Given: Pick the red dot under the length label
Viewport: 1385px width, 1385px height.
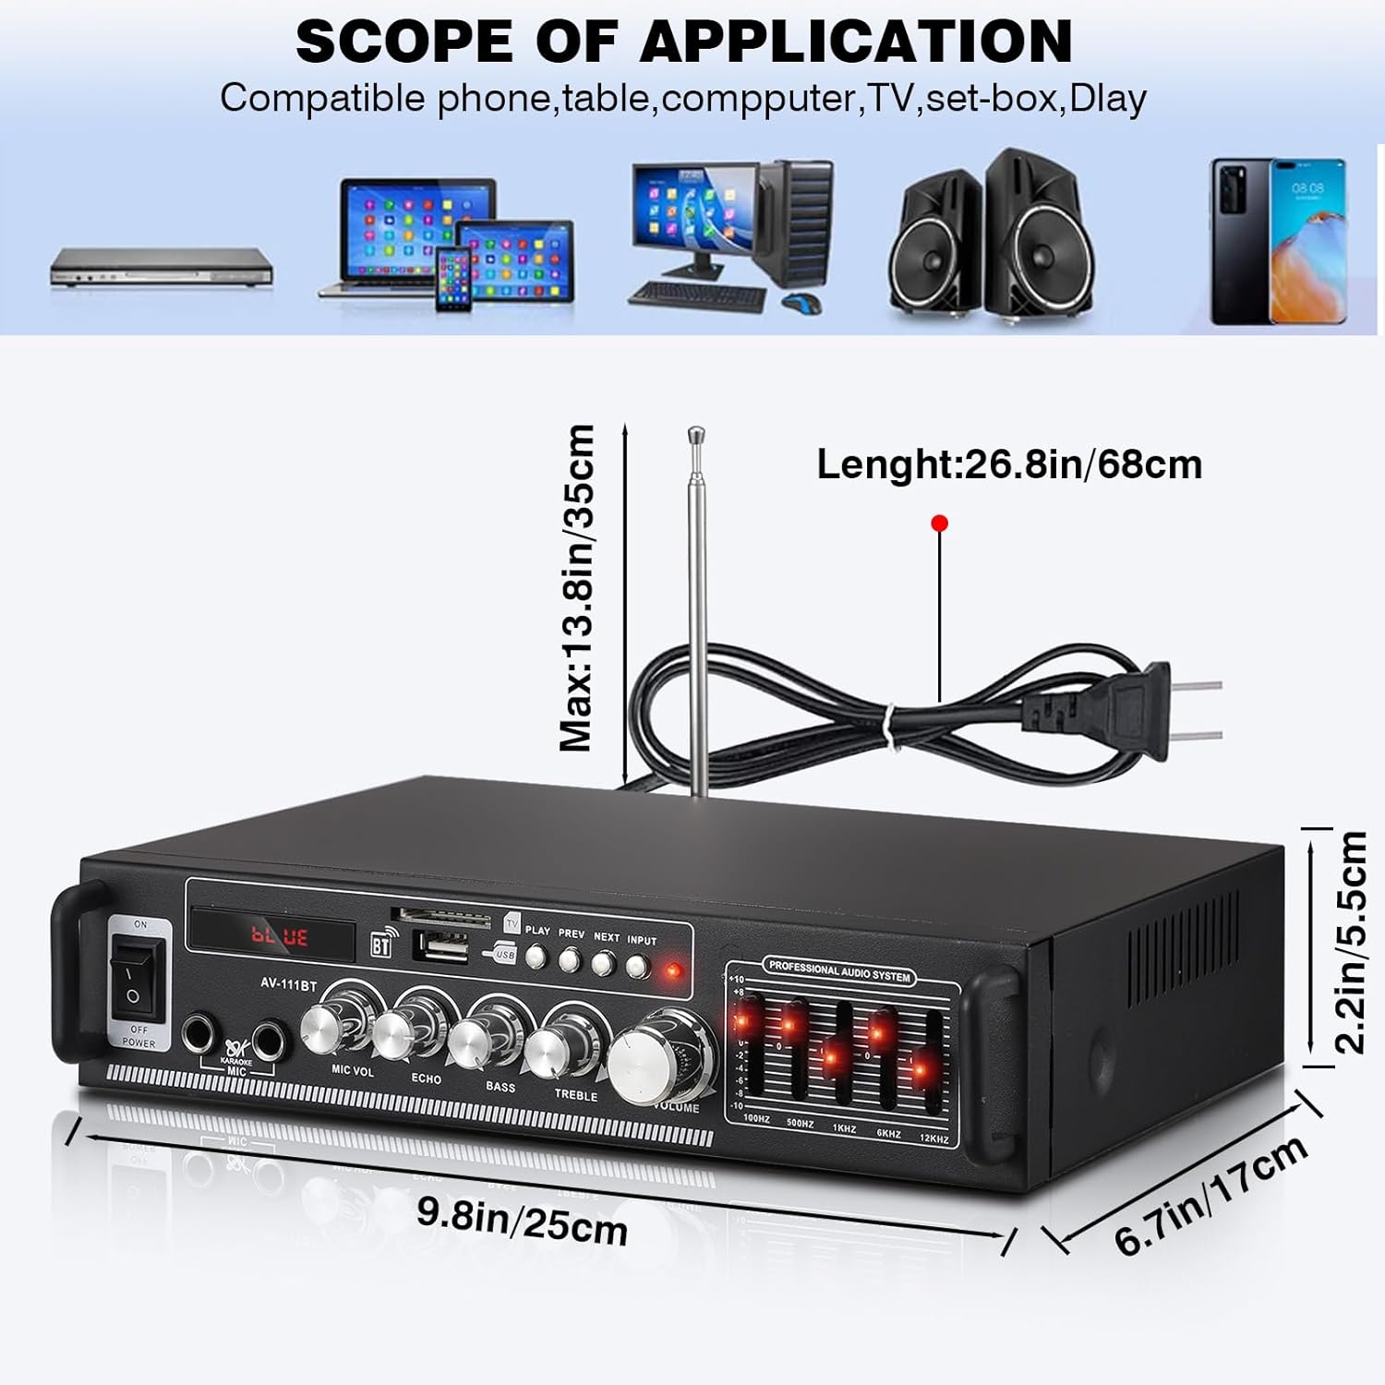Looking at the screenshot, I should [x=940, y=524].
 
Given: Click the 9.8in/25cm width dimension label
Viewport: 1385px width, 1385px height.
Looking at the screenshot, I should [x=522, y=1221].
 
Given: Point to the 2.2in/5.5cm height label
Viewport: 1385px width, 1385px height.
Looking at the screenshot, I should [x=1350, y=942].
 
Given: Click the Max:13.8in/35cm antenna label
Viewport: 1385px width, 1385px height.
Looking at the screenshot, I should [x=577, y=587].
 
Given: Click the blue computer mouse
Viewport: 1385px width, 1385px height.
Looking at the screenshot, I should [x=801, y=302].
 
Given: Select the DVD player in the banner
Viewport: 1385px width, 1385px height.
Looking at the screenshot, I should [x=161, y=267].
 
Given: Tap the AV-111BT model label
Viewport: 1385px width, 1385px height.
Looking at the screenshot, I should [x=288, y=985].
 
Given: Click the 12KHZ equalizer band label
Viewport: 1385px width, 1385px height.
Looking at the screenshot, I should [x=933, y=1138].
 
